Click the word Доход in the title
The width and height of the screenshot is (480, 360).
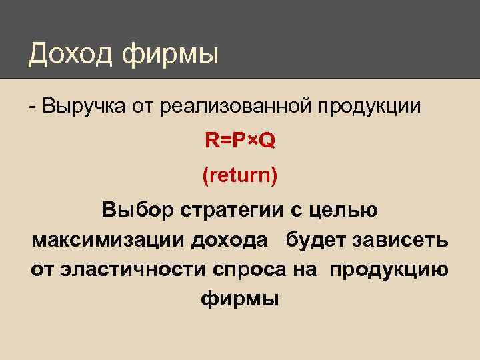pyautogui.click(x=71, y=54)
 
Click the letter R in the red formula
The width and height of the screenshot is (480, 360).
pyautogui.click(x=211, y=141)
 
